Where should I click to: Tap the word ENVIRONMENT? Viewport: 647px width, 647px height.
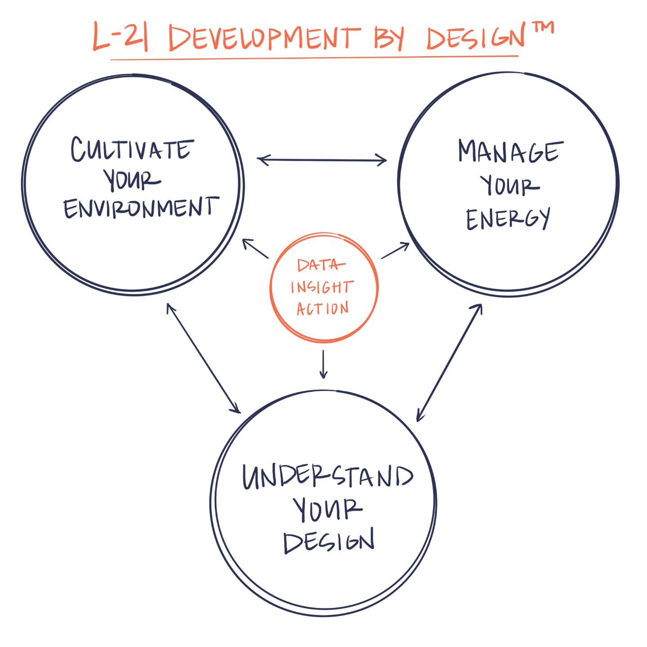(141, 208)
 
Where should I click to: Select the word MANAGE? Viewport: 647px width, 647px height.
(510, 151)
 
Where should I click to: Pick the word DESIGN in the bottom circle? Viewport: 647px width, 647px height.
(329, 541)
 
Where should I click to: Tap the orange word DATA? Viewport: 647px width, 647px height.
(320, 266)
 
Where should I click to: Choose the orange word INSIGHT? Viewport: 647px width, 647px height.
(322, 287)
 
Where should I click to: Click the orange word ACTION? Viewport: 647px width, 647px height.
(323, 308)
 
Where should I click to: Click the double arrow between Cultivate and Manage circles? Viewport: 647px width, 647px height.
(322, 160)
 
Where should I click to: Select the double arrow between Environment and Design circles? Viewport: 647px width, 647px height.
(204, 358)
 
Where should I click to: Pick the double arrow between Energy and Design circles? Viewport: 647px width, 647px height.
(449, 363)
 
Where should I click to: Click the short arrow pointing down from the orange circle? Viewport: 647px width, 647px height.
(323, 364)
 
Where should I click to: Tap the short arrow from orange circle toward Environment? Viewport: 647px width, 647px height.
(255, 248)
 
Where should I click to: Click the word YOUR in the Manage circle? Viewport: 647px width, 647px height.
(510, 186)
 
